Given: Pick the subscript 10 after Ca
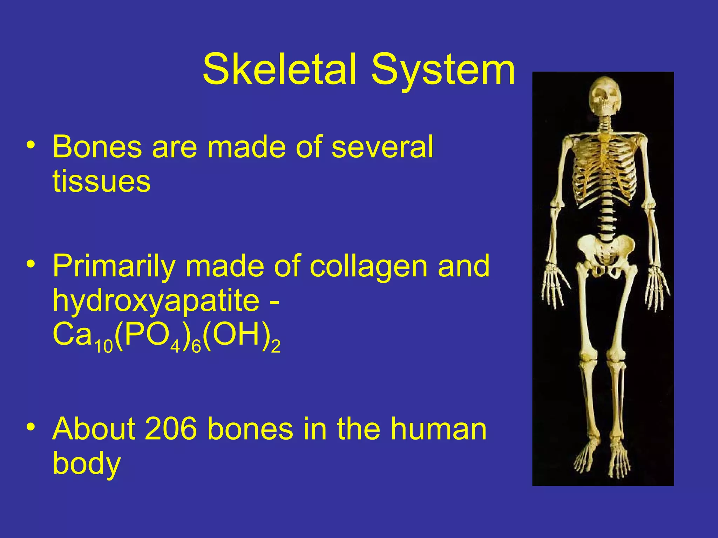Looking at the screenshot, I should click(x=104, y=347).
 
